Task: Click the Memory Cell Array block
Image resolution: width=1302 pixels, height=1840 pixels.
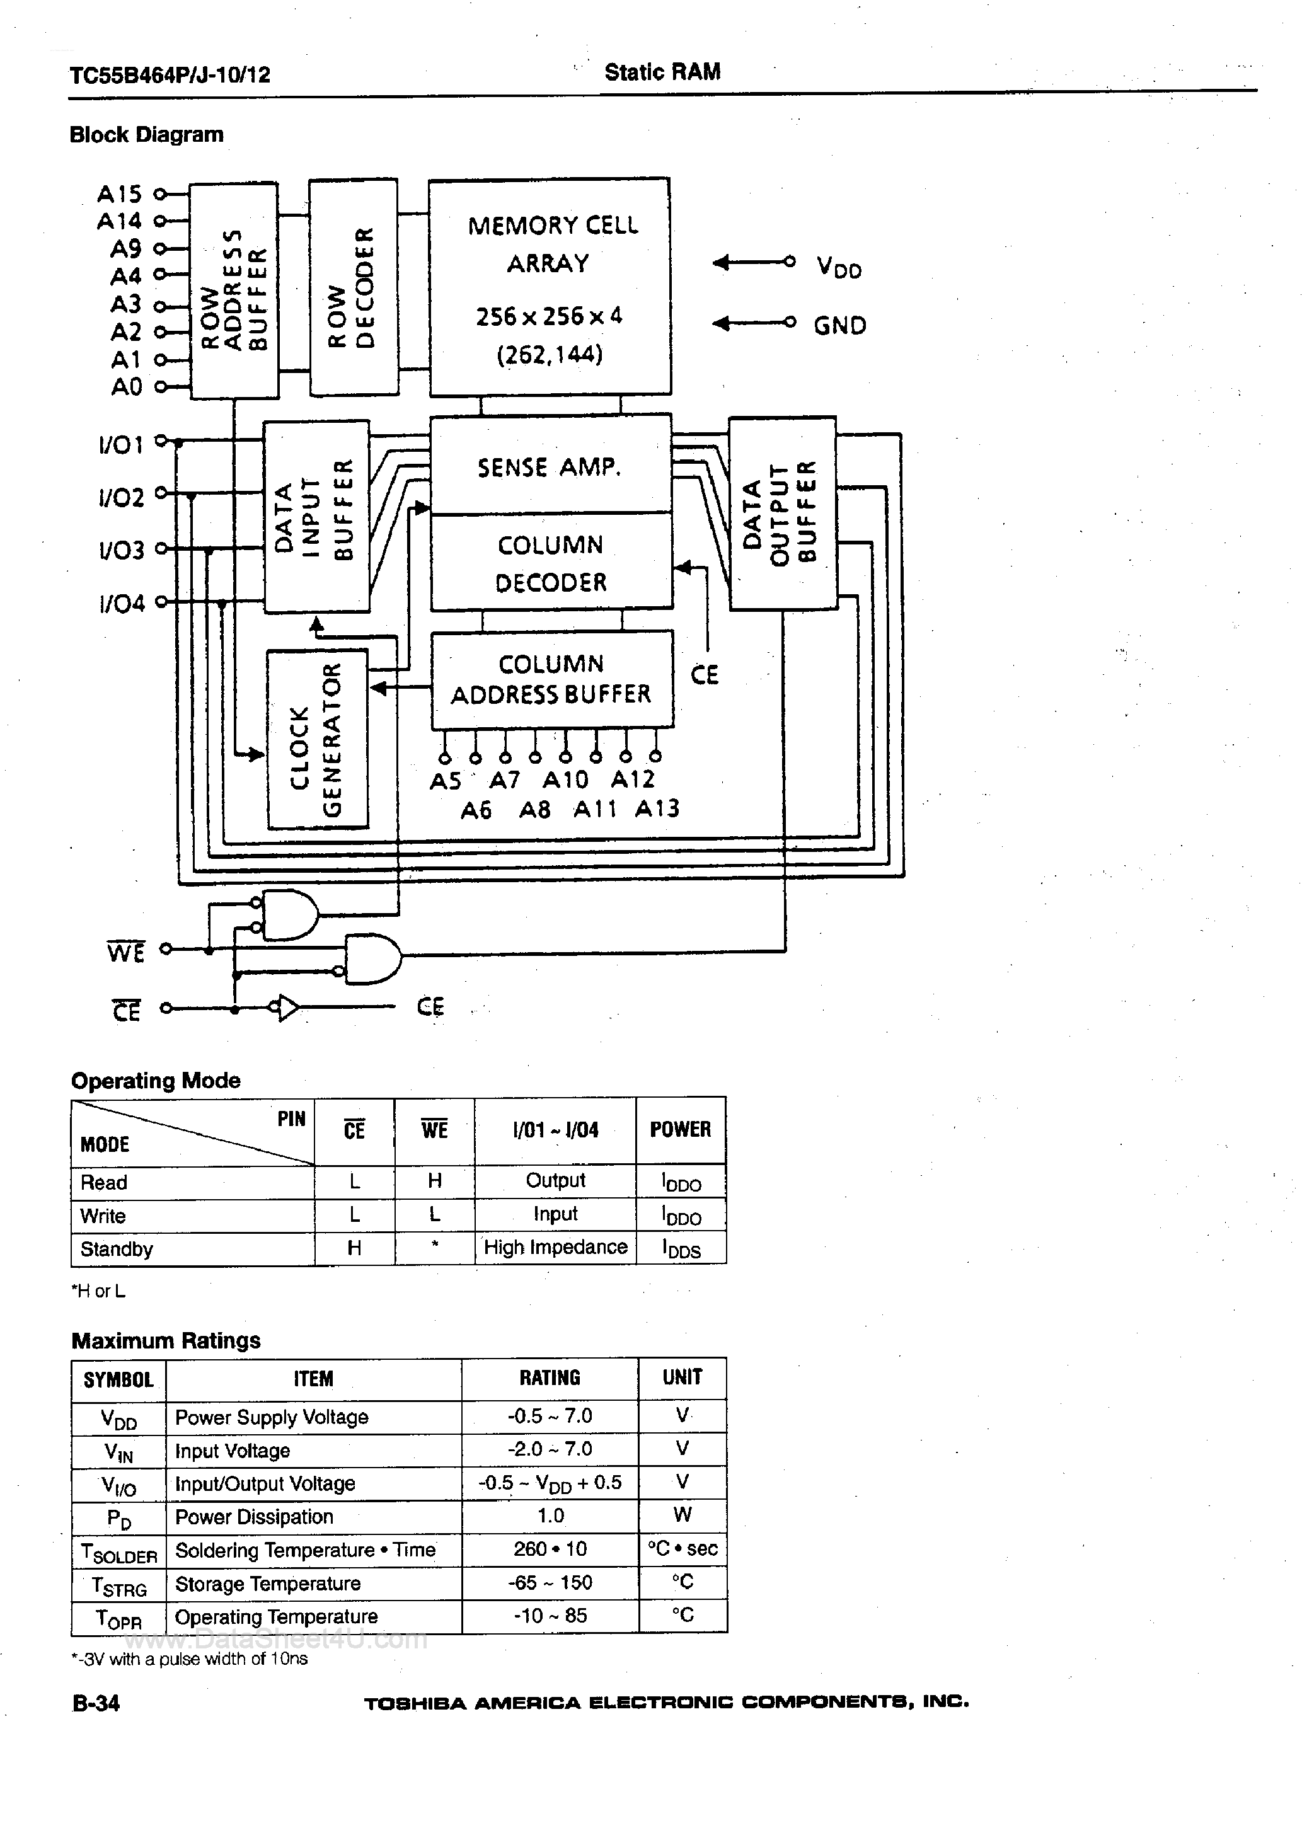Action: (x=550, y=287)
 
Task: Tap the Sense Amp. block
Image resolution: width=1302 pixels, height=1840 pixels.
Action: (x=550, y=465)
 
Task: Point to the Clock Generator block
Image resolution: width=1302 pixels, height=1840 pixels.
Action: (x=318, y=739)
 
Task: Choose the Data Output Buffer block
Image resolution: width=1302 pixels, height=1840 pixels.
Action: (x=781, y=513)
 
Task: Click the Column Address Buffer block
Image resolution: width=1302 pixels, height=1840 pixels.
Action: (x=551, y=679)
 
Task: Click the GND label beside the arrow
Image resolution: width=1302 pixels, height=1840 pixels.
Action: (x=839, y=325)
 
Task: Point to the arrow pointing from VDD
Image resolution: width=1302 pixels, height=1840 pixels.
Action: (x=752, y=262)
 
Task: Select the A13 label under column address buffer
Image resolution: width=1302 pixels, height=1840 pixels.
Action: (x=657, y=808)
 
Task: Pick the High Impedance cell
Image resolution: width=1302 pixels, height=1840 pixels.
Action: (x=555, y=1247)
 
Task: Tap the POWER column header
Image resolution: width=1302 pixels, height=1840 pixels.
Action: (x=680, y=1129)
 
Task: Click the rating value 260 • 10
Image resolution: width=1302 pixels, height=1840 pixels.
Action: (x=550, y=1548)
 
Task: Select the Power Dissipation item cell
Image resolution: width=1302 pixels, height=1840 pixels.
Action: (x=254, y=1516)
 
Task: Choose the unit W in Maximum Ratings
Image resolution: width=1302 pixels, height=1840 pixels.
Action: (x=683, y=1515)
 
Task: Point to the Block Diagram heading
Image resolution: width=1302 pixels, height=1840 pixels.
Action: (x=147, y=135)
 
